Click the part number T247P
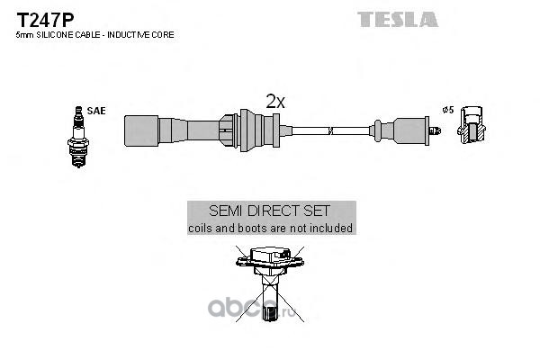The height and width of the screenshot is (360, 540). click(x=45, y=20)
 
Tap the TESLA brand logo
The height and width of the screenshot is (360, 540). click(x=398, y=19)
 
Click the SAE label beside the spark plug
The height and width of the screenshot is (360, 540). click(x=96, y=111)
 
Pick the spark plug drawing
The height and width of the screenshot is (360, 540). click(x=78, y=137)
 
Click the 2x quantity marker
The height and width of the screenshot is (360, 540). click(x=275, y=102)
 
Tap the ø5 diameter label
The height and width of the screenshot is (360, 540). click(x=448, y=110)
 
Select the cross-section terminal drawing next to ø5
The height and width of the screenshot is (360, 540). click(x=472, y=125)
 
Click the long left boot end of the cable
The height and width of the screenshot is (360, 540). click(x=172, y=130)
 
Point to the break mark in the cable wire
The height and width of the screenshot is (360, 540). click(x=330, y=130)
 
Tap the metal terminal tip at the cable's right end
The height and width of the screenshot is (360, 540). click(x=435, y=130)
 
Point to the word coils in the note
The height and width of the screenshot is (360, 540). click(x=200, y=228)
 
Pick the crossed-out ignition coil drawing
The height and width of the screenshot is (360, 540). click(x=270, y=283)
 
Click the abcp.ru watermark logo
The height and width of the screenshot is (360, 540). click(x=252, y=309)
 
